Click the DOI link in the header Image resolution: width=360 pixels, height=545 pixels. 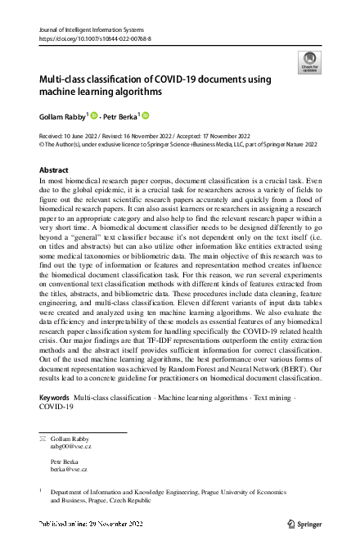95,38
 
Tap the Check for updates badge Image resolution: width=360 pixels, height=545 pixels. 310,61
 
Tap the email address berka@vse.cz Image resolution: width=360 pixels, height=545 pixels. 68,470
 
